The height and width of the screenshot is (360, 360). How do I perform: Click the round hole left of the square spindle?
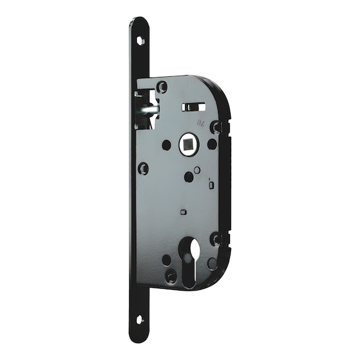pos(166,145)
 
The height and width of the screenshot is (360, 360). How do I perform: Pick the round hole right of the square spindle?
pos(212,144)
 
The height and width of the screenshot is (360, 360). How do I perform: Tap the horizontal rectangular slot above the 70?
pos(193,107)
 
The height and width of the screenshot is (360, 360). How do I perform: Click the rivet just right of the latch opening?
pos(162,87)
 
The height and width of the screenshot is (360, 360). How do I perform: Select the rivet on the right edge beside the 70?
pos(216,127)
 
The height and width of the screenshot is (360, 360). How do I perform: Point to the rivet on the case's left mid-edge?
pos(143,168)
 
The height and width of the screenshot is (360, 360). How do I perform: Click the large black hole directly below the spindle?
pos(188,177)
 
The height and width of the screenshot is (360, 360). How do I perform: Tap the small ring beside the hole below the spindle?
pos(197,169)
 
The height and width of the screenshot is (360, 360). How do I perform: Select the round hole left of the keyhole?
pos(166,259)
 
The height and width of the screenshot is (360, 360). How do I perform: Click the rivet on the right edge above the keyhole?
pos(216,238)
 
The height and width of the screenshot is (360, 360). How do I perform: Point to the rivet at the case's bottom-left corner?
pos(170,275)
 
